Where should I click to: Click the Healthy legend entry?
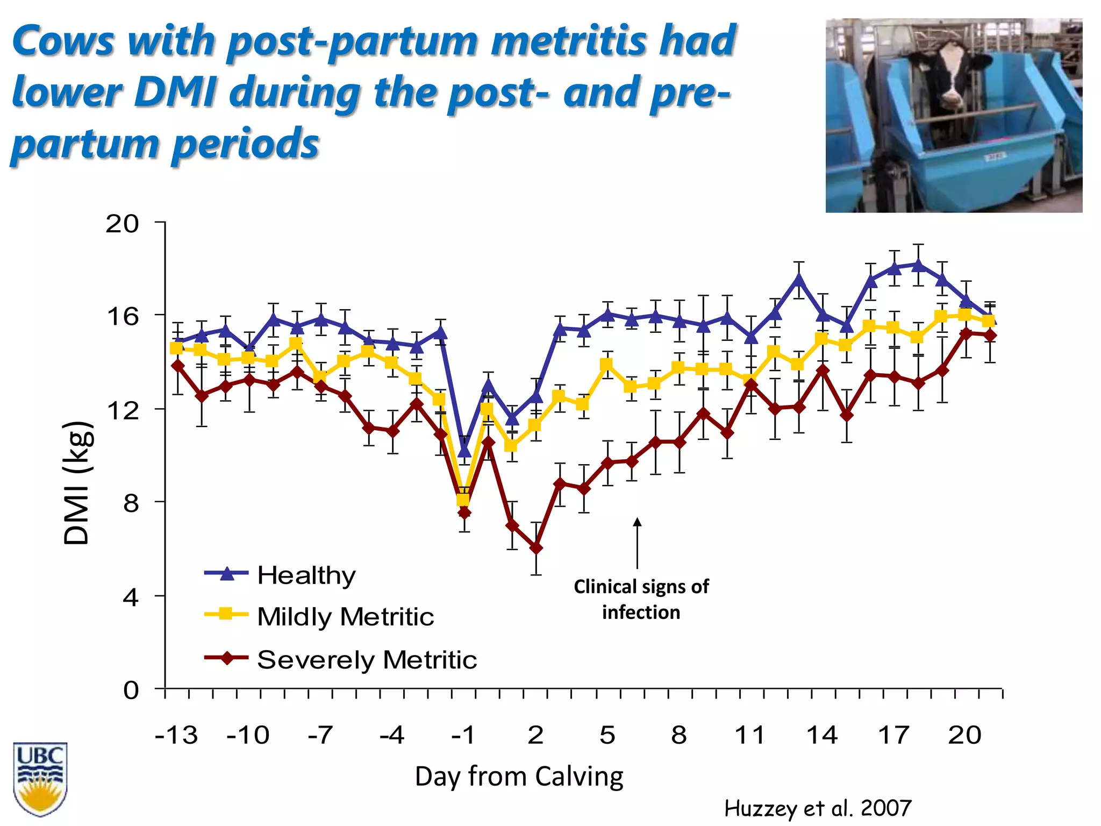click(x=306, y=575)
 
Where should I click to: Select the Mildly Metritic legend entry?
click(x=345, y=616)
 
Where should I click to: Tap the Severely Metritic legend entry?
click(x=366, y=659)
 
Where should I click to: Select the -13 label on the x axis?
click(x=176, y=735)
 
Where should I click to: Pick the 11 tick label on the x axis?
click(x=749, y=735)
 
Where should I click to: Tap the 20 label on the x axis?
click(x=964, y=735)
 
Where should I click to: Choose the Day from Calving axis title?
click(x=519, y=777)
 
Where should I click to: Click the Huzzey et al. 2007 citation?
click(x=817, y=808)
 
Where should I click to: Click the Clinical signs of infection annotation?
click(x=641, y=599)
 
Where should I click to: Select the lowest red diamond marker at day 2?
click(x=535, y=548)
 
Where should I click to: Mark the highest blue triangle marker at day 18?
click(x=918, y=265)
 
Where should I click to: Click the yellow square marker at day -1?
click(x=463, y=500)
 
